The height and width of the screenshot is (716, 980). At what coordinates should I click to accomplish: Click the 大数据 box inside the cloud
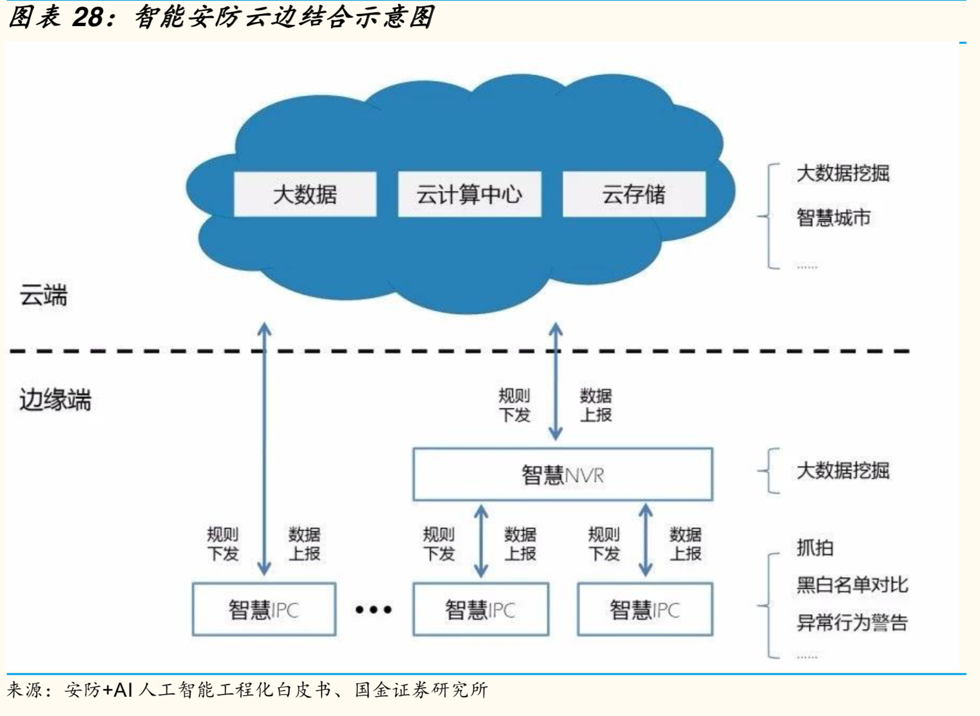click(x=305, y=194)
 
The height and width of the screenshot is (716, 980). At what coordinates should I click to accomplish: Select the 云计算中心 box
click(x=470, y=194)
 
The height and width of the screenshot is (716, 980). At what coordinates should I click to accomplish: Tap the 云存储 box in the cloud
click(x=634, y=194)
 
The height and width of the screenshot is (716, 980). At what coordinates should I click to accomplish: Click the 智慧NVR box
click(x=563, y=475)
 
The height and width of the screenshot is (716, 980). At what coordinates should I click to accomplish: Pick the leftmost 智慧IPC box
click(x=264, y=609)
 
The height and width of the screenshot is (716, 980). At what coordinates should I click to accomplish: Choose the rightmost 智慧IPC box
click(x=645, y=609)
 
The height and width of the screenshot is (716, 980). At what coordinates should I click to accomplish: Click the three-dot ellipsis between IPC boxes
click(x=374, y=610)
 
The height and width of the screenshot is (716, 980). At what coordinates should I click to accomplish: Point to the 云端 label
click(x=43, y=295)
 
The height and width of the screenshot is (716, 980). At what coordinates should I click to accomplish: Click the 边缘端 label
click(x=55, y=399)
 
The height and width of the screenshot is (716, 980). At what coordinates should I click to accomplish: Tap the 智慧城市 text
click(x=833, y=217)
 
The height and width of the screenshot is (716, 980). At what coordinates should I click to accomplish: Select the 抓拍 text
click(x=815, y=548)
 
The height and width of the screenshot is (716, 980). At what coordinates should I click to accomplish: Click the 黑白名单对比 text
click(x=852, y=585)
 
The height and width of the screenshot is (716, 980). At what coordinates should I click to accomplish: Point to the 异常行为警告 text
click(x=852, y=622)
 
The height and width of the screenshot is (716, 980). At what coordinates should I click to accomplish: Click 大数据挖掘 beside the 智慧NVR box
click(x=843, y=471)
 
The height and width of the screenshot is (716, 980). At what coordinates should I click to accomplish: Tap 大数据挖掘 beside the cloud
click(x=843, y=173)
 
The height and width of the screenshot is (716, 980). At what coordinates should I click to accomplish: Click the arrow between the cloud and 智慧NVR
click(x=556, y=381)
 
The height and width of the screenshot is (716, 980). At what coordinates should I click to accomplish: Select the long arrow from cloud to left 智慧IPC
click(x=264, y=449)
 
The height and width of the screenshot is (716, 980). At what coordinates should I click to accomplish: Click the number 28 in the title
click(x=87, y=17)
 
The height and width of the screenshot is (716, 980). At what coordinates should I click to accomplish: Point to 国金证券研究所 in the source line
click(x=421, y=690)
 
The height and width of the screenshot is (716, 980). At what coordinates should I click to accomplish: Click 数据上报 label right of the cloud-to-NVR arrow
click(x=596, y=406)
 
